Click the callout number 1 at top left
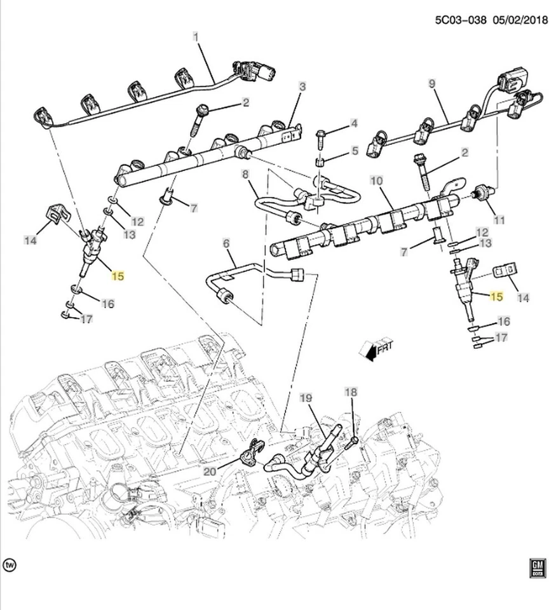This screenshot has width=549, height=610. coord(196,37)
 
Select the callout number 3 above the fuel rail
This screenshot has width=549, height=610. coord(302,86)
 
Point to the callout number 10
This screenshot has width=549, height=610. coord(376,182)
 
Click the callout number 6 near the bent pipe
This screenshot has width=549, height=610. coord(226,243)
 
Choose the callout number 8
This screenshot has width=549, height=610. coord(245,174)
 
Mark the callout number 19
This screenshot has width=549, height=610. coord(306,399)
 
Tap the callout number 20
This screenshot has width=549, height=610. coord(210,471)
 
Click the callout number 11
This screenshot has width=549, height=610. coord(499,220)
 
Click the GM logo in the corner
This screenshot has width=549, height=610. coord(537,567)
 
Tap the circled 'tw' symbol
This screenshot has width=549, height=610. coord(10,564)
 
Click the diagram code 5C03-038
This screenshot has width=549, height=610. coord(461,20)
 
